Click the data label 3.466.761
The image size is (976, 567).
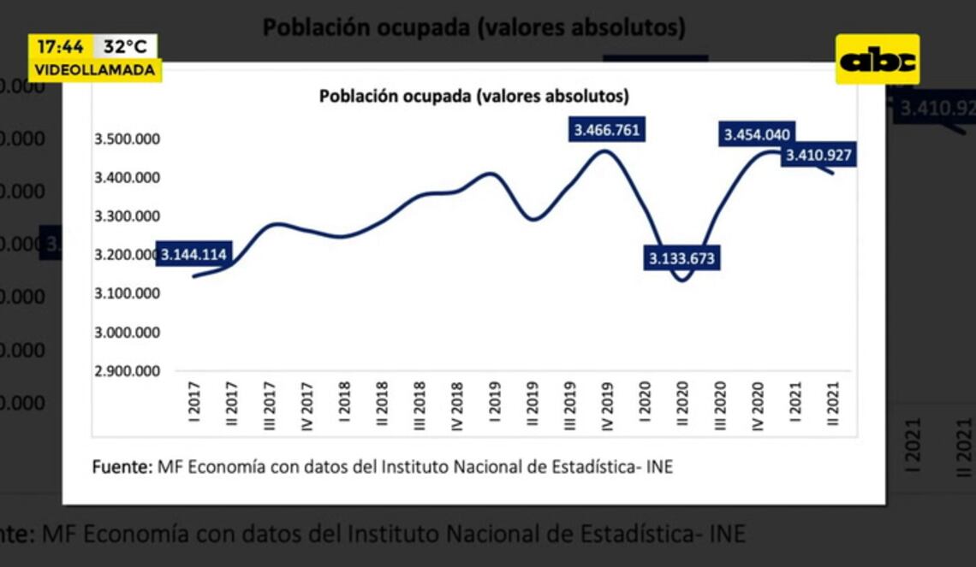pyautogui.click(x=607, y=130)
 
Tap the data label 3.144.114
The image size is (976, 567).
pyautogui.click(x=193, y=254)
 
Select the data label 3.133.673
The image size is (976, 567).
pyautogui.click(x=681, y=257)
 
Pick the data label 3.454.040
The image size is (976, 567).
pyautogui.click(x=758, y=134)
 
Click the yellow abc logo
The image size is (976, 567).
pyautogui.click(x=877, y=60)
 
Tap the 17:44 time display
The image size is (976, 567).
pyautogui.click(x=60, y=46)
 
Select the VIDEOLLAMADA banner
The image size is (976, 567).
pyautogui.click(x=95, y=70)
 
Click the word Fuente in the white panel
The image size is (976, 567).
pyautogui.click(x=121, y=467)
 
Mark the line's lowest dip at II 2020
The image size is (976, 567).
pyautogui.click(x=682, y=280)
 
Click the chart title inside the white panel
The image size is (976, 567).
pyautogui.click(x=473, y=96)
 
